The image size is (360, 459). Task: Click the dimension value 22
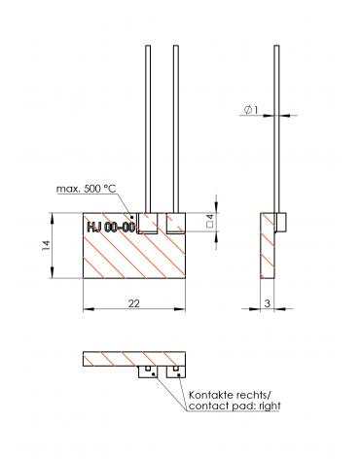tap(134, 303)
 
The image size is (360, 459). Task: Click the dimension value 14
tap(46, 245)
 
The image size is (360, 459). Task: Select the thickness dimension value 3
tap(268, 303)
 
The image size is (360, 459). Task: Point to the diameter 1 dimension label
tap(251, 110)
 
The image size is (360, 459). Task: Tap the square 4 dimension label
tap(210, 221)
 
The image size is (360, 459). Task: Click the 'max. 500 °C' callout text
tap(86, 189)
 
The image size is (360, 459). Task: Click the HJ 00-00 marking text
tap(111, 228)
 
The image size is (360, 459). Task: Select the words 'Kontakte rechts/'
tap(230, 395)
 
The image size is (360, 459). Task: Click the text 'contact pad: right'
tap(234, 406)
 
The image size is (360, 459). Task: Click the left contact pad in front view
tap(148, 223)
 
